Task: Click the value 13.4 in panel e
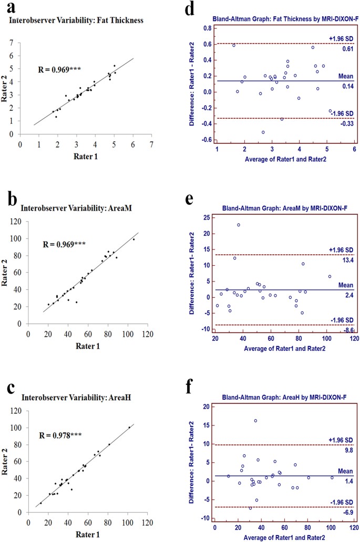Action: pyautogui.click(x=346, y=260)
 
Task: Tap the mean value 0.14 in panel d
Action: pyautogui.click(x=346, y=87)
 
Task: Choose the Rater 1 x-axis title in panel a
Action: pyautogui.click(x=85, y=155)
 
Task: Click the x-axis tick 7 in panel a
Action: pyautogui.click(x=151, y=143)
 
